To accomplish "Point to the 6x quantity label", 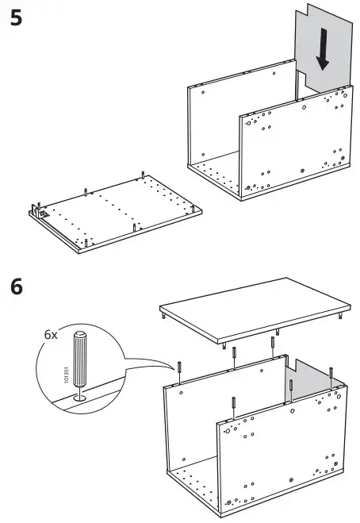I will point(51,335).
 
